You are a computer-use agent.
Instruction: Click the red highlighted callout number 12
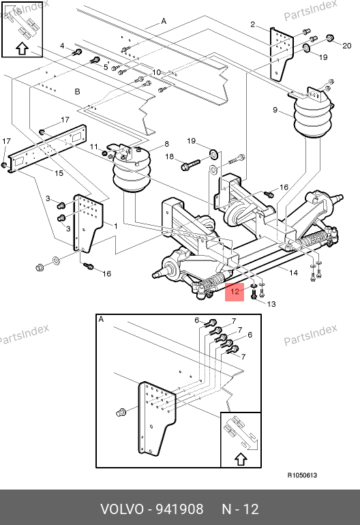pos(235,291)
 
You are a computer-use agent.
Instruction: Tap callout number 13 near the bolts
pos(271,304)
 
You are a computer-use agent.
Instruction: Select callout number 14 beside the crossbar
pos(293,273)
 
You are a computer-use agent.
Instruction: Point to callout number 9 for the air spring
pos(275,110)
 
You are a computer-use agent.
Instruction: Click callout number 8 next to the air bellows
pos(167,144)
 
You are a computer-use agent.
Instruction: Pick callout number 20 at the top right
pos(347,46)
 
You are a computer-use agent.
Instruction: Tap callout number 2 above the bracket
pos(252,24)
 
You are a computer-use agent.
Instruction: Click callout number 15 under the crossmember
pos(59,173)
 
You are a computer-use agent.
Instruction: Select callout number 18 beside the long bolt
pos(170,156)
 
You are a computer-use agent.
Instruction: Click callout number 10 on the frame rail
pos(156,72)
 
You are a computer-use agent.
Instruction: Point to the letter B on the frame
pos(77,91)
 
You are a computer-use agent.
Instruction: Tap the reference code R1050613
pos(303,475)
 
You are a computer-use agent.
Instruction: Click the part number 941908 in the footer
pos(180,509)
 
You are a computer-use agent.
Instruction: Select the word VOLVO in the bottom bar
pos(122,509)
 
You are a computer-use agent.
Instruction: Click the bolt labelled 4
pos(77,52)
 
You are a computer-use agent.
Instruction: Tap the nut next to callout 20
pos(330,37)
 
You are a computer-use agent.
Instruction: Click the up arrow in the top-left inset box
pos(22,48)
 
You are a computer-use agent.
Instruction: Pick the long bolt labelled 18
pos(190,165)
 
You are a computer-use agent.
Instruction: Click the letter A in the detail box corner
pos(101,319)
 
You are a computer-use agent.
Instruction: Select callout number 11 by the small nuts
pos(94,147)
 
